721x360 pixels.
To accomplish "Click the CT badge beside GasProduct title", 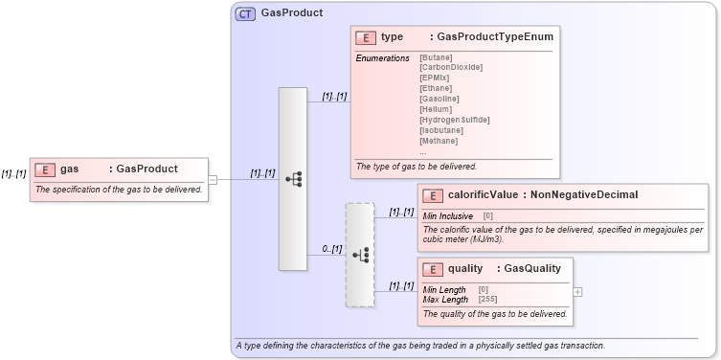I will pyautogui.click(x=245, y=14).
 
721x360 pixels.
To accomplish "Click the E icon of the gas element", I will pyautogui.click(x=45, y=169).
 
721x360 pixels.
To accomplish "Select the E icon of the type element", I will pyautogui.click(x=365, y=37).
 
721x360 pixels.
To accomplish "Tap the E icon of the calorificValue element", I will pyautogui.click(x=432, y=195).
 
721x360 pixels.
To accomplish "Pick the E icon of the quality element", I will pyautogui.click(x=432, y=269).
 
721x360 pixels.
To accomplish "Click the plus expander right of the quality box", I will pyautogui.click(x=577, y=291).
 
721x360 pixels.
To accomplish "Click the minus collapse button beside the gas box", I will pyautogui.click(x=213, y=179).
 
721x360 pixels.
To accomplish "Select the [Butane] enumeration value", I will pyautogui.click(x=436, y=57).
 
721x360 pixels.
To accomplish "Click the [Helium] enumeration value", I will pyautogui.click(x=436, y=109).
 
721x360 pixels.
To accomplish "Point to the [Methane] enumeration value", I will pyautogui.click(x=439, y=141).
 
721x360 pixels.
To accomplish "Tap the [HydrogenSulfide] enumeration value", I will pyautogui.click(x=454, y=120).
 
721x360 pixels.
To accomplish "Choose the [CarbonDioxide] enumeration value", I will pyautogui.click(x=450, y=67).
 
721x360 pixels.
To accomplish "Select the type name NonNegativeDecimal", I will pyautogui.click(x=584, y=195).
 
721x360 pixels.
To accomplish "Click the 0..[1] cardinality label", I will pyautogui.click(x=331, y=249).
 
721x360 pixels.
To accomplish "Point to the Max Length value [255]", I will pyautogui.click(x=487, y=300).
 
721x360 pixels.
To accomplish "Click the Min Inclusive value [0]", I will pyautogui.click(x=487, y=216).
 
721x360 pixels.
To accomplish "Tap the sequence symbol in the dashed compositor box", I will pyautogui.click(x=360, y=255).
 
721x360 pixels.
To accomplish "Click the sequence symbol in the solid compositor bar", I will pyautogui.click(x=293, y=179).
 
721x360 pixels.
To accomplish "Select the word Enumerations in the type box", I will pyautogui.click(x=383, y=58).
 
